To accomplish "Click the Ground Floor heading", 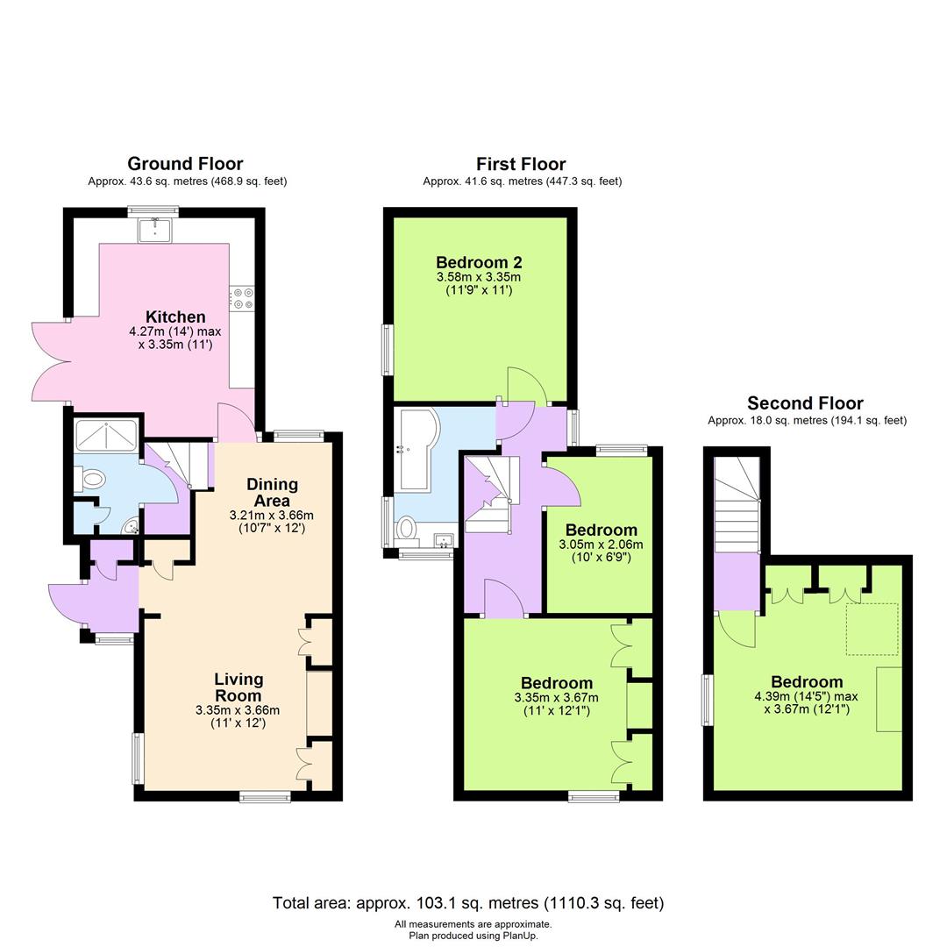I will tap(185, 163).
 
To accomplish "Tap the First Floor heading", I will tap(521, 163).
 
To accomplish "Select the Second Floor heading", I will tap(805, 403).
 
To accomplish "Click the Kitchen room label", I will tap(175, 317).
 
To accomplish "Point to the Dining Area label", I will tap(272, 492).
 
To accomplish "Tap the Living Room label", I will tap(239, 687).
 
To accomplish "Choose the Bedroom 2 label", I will tap(473, 262).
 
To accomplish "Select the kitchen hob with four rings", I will tap(242, 299).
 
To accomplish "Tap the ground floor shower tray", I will tap(106, 435).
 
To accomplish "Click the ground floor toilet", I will tap(91, 479).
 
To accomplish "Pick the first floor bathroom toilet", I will tap(406, 529).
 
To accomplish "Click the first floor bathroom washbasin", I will tap(443, 540).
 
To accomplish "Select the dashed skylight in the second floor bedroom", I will tap(872, 629).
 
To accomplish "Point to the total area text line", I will tap(468, 902).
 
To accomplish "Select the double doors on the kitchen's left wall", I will tap(51, 362).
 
